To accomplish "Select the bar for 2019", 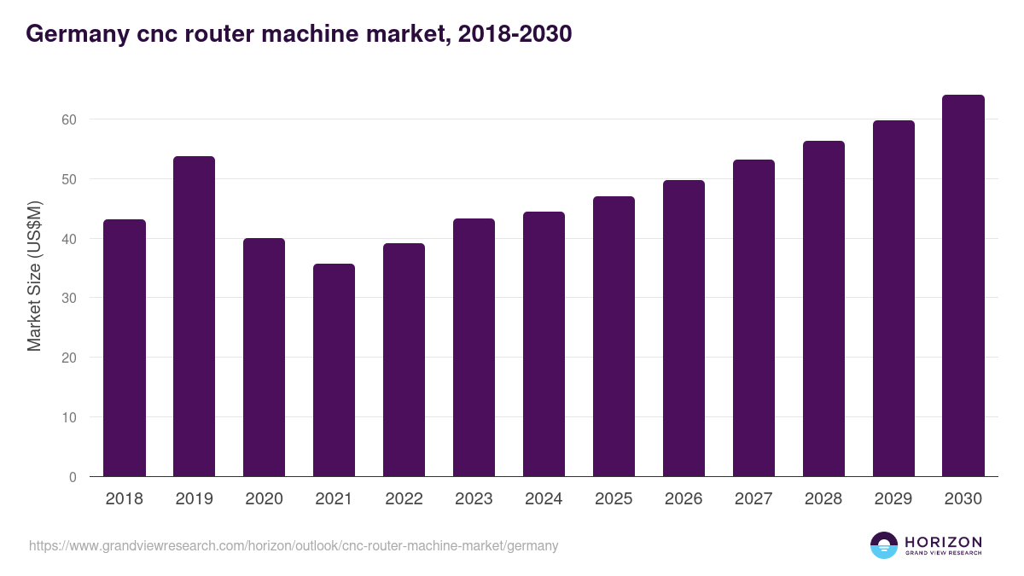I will [194, 317].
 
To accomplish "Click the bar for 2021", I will [334, 370].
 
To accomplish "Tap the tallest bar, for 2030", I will [963, 286].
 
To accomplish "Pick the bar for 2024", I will [544, 344].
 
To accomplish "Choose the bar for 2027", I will [753, 318].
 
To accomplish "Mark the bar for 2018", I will [125, 348].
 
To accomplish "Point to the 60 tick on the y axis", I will [68, 119].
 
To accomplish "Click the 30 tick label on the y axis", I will [68, 299].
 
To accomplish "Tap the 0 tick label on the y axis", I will [73, 477].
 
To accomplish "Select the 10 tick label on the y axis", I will [68, 417].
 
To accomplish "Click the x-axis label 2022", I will [404, 499].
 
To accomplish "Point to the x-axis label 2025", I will [614, 499].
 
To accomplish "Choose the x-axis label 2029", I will [893, 499].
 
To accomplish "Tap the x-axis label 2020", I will [264, 499].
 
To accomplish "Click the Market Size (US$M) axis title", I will [34, 276].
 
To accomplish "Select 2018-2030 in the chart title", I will [515, 34].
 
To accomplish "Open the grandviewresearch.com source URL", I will [294, 545].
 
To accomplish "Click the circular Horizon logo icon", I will [884, 545].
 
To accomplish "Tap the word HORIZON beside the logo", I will [943, 542].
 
